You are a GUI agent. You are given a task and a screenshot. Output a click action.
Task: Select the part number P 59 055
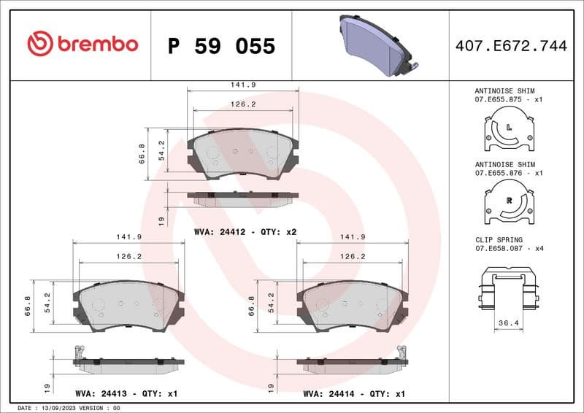coord(221,46)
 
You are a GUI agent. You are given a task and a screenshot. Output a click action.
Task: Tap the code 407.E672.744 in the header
coord(510,46)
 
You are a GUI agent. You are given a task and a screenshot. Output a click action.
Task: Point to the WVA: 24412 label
coord(245,232)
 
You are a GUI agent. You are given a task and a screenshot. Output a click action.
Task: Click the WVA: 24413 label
coord(126,393)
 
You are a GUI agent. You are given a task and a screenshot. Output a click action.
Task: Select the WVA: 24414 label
coord(353,393)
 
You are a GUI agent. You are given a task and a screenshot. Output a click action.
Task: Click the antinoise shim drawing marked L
coord(510,129)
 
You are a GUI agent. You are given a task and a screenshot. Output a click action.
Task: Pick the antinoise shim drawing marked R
coord(510,202)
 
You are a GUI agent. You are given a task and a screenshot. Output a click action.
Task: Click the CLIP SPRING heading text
coord(499,239)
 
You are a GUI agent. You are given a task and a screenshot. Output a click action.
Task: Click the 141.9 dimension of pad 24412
coord(243,85)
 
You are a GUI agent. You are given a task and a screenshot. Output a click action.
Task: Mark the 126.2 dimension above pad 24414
coord(353,256)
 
